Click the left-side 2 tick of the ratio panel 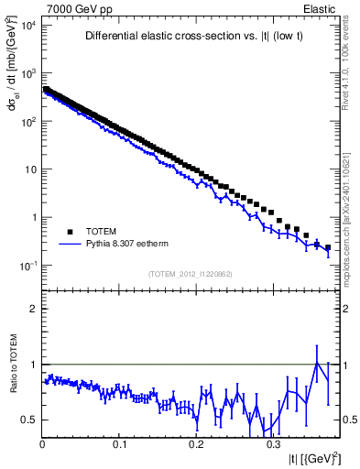pyautogui.click(x=33, y=309)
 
